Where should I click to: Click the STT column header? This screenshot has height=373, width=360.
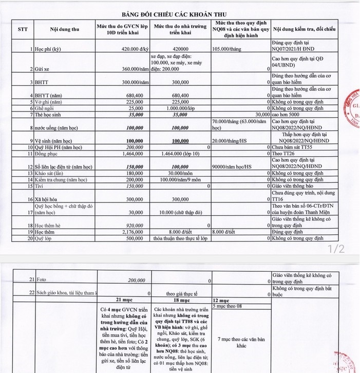(x=23, y=29)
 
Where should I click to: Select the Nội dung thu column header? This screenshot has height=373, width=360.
(x=64, y=29)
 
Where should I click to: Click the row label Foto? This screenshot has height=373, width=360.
(x=41, y=281)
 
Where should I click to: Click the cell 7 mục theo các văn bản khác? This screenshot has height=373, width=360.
(x=239, y=343)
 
